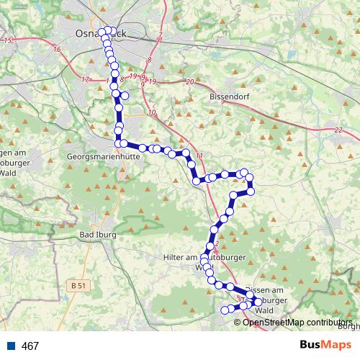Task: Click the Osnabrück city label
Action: [x=91, y=33]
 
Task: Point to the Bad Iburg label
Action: [x=96, y=235]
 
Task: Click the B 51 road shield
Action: [x=81, y=286]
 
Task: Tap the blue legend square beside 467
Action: [x=10, y=346]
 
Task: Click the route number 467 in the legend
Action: [x=30, y=346]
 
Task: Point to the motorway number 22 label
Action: [x=338, y=130]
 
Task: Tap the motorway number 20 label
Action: [x=190, y=83]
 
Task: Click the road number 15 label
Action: [x=9, y=40]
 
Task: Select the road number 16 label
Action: [x=56, y=49]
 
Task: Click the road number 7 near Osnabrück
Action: [x=160, y=37]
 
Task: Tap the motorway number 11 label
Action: [x=199, y=156]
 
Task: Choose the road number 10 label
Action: [x=150, y=112]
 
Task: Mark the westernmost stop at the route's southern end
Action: [x=224, y=310]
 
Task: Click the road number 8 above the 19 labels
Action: [x=148, y=60]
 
